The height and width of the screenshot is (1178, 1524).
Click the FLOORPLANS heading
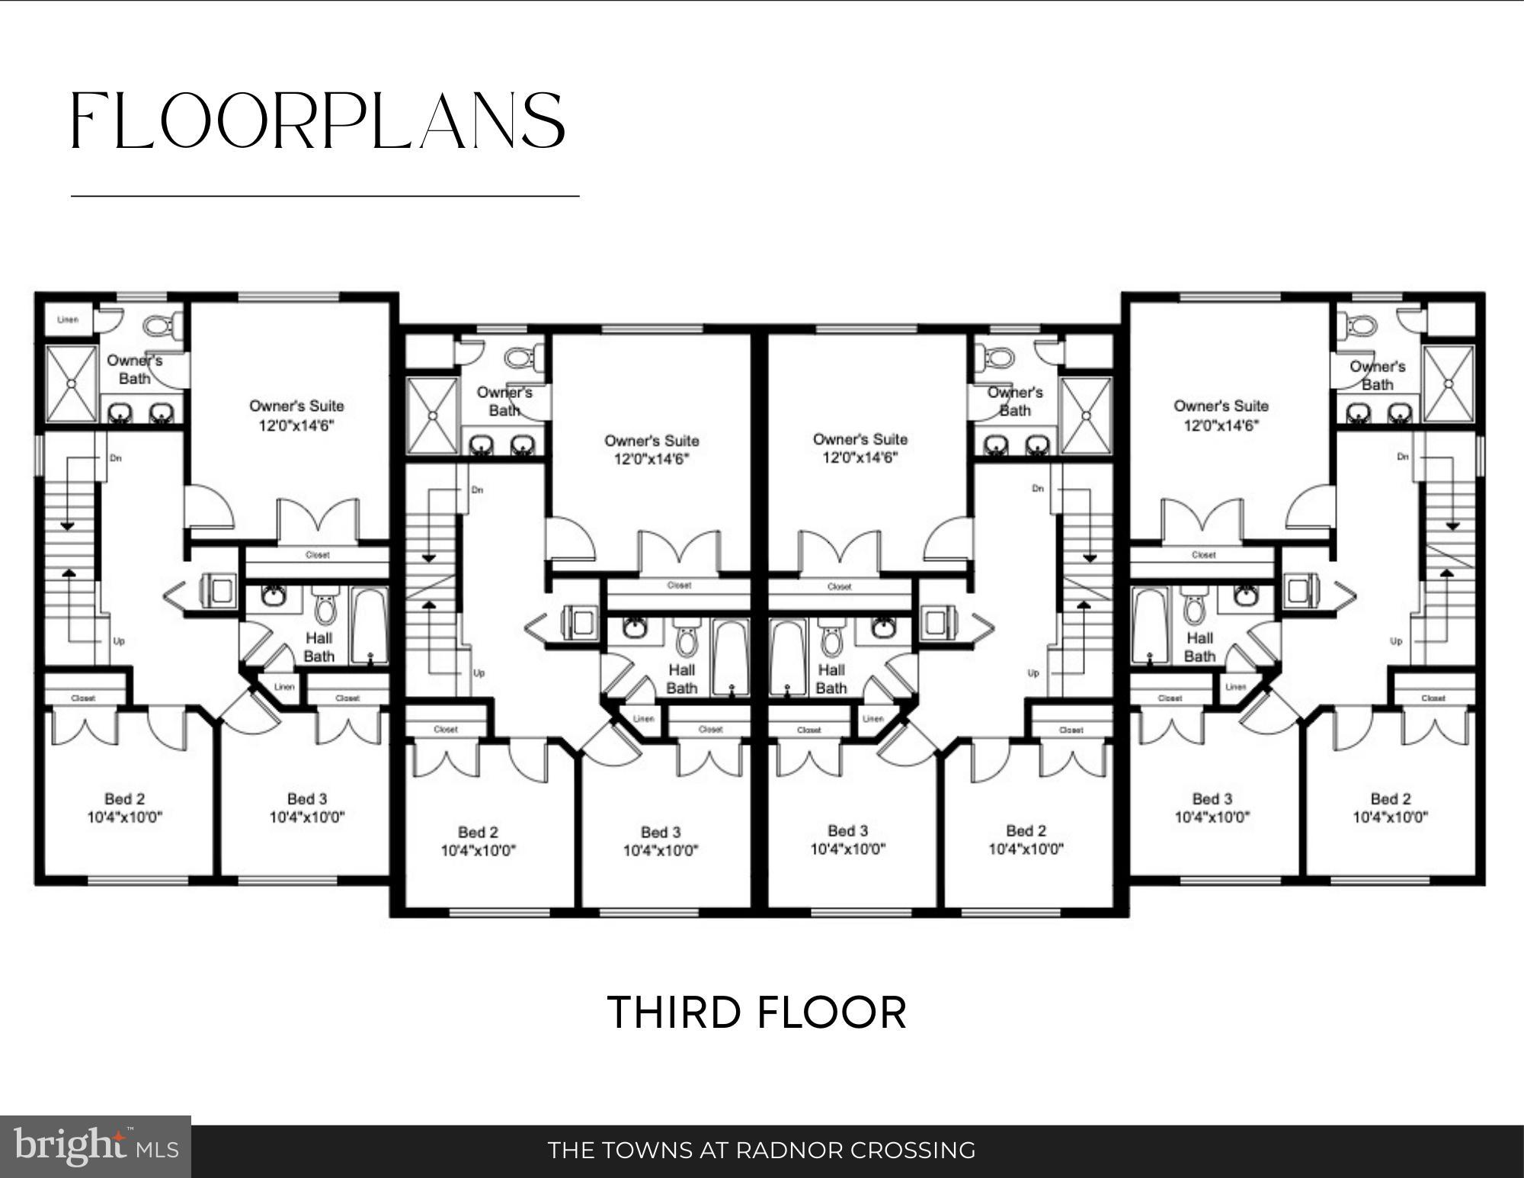[318, 120]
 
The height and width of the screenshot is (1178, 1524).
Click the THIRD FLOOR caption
[757, 1013]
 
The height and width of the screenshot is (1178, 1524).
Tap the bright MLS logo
[95, 1146]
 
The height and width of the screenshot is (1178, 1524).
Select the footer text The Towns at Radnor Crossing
[761, 1150]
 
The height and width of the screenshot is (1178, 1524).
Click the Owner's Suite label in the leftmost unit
[296, 406]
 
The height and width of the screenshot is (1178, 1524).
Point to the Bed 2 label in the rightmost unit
[1390, 799]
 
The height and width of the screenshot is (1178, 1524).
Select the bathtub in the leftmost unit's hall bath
[369, 625]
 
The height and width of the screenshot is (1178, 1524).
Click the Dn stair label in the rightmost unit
[1403, 457]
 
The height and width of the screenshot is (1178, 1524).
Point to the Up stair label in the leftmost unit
[119, 641]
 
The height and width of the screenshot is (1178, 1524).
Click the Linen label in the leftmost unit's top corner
[68, 319]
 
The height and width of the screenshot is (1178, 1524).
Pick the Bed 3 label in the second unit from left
[660, 832]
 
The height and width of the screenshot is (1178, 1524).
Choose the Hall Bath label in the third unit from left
[831, 679]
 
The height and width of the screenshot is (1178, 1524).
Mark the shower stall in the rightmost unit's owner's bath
[1449, 383]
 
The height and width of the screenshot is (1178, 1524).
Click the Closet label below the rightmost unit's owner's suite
[1203, 555]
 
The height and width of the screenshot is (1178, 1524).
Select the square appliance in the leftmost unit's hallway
[220, 591]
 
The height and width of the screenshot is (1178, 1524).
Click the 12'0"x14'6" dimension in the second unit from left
[652, 459]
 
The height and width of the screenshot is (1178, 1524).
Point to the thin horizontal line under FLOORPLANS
[325, 197]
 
